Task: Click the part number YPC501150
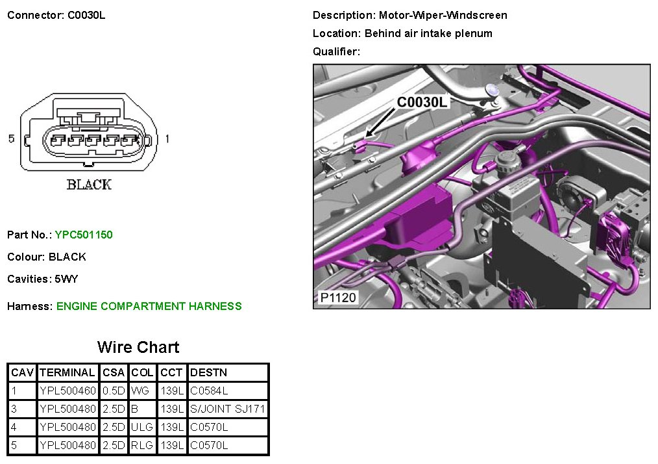click(x=84, y=235)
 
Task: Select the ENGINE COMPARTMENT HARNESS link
click(x=149, y=306)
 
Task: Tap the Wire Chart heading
click(x=138, y=347)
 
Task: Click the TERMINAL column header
click(x=67, y=373)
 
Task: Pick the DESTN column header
click(x=208, y=373)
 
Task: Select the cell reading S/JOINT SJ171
click(x=228, y=409)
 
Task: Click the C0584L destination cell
click(x=209, y=391)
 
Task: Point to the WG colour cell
click(x=140, y=391)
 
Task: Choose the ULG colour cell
click(x=142, y=428)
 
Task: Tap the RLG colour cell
click(x=142, y=446)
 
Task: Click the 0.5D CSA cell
click(x=113, y=391)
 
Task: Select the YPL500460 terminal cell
click(x=67, y=391)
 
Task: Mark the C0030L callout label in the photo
click(x=422, y=102)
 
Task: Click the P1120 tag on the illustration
click(x=338, y=298)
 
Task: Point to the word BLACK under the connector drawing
click(x=89, y=185)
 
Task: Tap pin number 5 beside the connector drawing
click(x=11, y=138)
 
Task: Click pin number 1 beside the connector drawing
click(x=167, y=138)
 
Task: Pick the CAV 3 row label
click(x=14, y=409)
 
